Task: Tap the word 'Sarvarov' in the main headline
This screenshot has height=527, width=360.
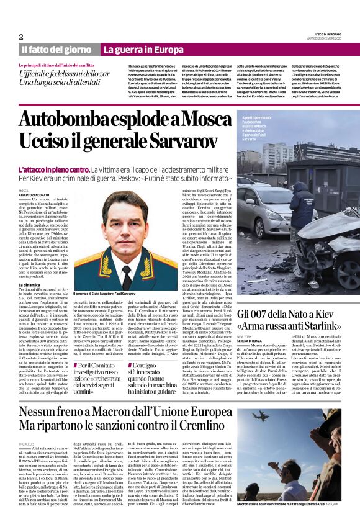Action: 176,138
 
